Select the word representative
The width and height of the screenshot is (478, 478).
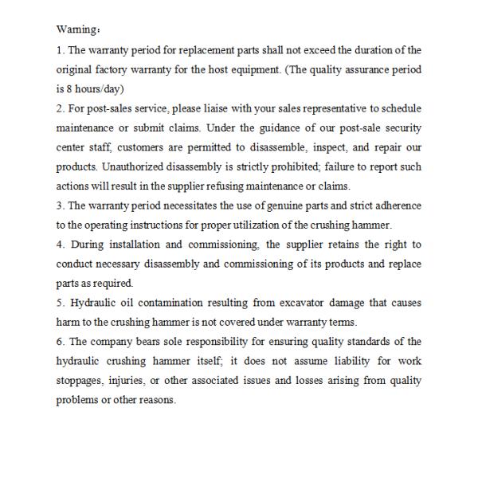[x=337, y=109]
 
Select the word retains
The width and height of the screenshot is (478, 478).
[x=346, y=245]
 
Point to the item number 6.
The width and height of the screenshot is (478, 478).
[x=59, y=342]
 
